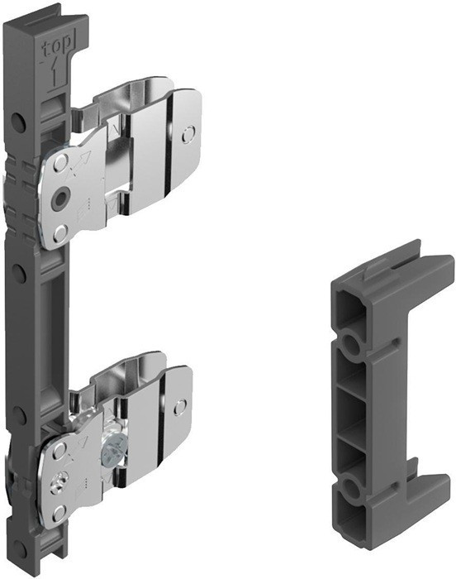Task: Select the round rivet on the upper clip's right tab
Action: coord(188,134)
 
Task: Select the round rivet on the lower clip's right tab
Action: coord(180,407)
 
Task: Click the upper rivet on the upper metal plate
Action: coord(60,163)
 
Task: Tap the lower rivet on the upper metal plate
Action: coord(59,233)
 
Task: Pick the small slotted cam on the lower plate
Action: coord(59,481)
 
